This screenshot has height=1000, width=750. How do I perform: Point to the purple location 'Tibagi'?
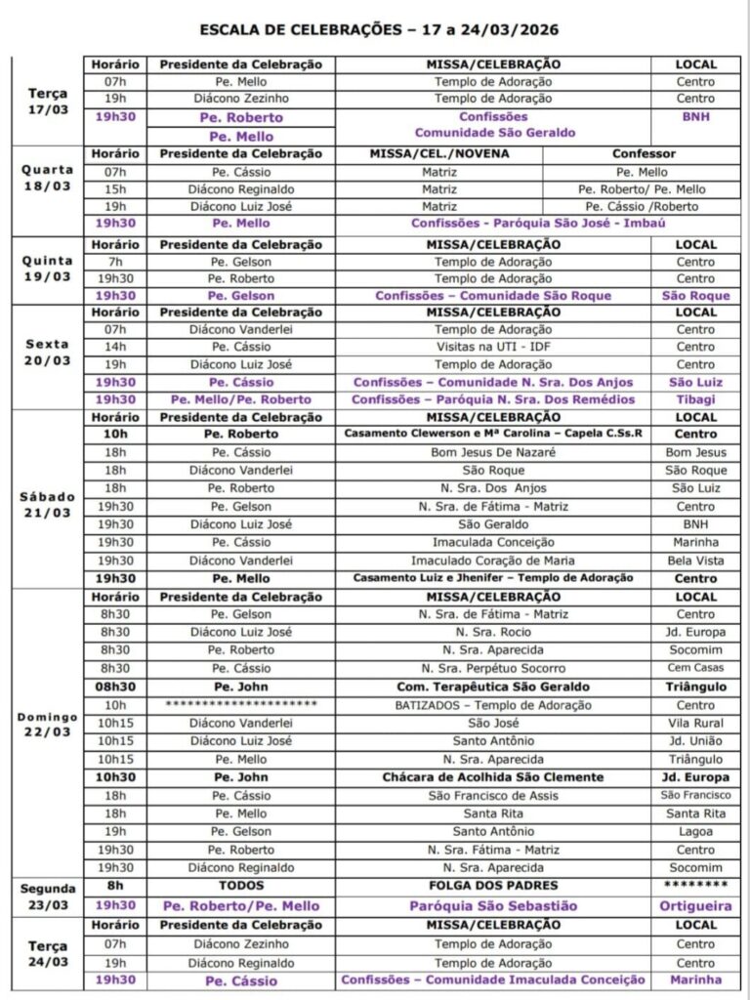[x=695, y=399]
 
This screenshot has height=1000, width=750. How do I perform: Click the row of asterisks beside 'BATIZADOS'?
[x=241, y=704]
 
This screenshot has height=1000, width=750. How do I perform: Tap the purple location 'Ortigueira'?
[x=695, y=905]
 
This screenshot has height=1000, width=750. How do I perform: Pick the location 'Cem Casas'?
[x=695, y=668]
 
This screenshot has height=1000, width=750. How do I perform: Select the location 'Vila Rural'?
[x=695, y=723]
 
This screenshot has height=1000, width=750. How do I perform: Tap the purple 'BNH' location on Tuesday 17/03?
[x=695, y=115]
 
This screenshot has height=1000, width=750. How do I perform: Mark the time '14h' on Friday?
[x=115, y=347]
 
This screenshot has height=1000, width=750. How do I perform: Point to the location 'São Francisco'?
[x=695, y=795]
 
